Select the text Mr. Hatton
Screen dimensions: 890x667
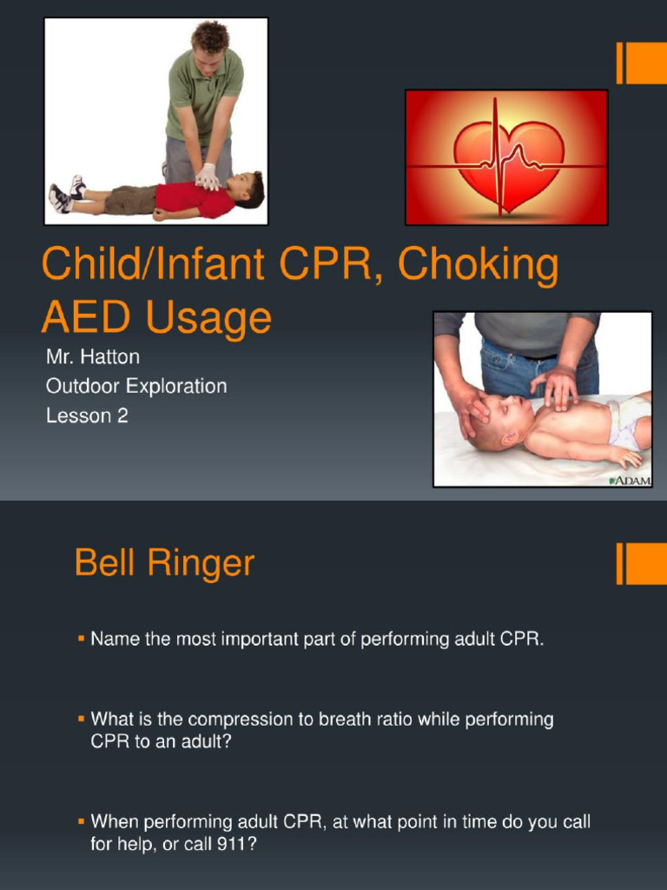[93, 356]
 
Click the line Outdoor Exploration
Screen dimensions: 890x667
[136, 386]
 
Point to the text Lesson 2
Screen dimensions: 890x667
[87, 415]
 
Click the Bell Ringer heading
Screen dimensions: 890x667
[164, 563]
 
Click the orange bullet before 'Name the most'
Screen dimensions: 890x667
[81, 639]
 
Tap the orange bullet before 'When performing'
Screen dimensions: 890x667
[81, 820]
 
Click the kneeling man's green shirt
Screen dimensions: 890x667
[205, 96]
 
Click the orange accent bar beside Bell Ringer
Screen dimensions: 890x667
[641, 563]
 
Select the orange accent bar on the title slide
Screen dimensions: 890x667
[641, 63]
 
